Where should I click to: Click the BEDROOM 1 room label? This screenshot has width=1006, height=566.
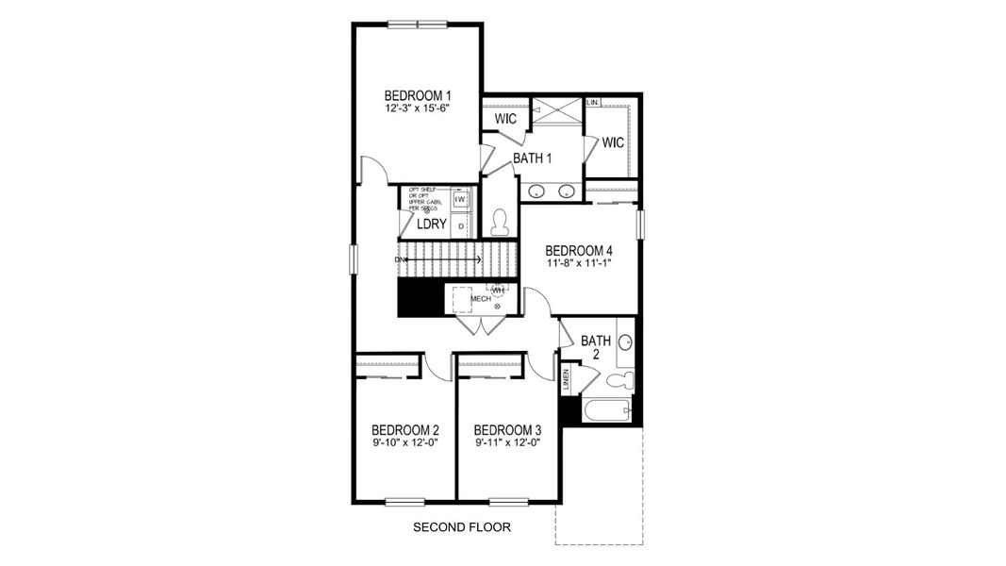pyautogui.click(x=418, y=95)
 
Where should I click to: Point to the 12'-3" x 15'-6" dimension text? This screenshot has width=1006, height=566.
pyautogui.click(x=418, y=108)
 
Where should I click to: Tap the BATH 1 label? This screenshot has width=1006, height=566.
pyautogui.click(x=532, y=158)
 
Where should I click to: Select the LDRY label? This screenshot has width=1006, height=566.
pyautogui.click(x=431, y=225)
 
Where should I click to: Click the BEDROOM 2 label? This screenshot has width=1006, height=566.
pyautogui.click(x=404, y=429)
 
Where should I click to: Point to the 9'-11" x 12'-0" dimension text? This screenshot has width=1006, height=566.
pyautogui.click(x=508, y=442)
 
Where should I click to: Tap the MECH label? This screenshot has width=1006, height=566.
pyautogui.click(x=482, y=298)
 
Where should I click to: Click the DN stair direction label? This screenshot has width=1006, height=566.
pyautogui.click(x=400, y=258)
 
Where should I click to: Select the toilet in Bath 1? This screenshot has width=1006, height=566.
pyautogui.click(x=500, y=222)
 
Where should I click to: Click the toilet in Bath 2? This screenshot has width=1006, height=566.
pyautogui.click(x=619, y=381)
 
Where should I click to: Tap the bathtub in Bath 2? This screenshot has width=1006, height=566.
pyautogui.click(x=606, y=411)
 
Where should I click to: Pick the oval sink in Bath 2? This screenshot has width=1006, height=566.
pyautogui.click(x=624, y=342)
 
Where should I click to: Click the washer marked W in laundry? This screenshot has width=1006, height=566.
pyautogui.click(x=460, y=200)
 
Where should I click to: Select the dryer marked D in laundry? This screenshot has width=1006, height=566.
pyautogui.click(x=460, y=225)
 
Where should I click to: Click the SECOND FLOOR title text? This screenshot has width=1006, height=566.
pyautogui.click(x=462, y=527)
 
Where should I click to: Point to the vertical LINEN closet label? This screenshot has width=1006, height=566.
pyautogui.click(x=566, y=379)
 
